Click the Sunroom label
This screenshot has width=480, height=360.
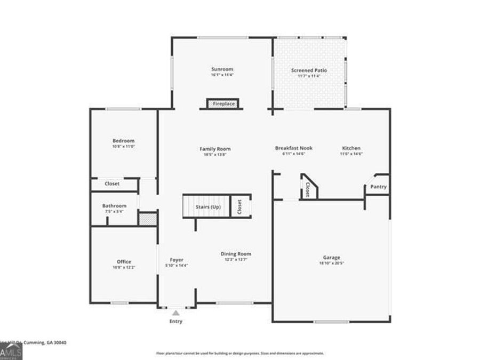click(x=222, y=69)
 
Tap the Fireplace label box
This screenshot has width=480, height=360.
click(x=223, y=103)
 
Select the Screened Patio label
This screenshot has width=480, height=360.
click(x=309, y=70)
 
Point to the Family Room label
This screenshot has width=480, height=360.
click(x=215, y=149)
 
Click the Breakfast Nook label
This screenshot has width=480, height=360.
click(x=293, y=148)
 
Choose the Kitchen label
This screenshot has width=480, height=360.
click(x=351, y=148)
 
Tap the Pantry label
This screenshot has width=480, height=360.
click(x=378, y=187)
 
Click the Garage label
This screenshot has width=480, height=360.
click(x=331, y=257)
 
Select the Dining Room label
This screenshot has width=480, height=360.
click(x=236, y=254)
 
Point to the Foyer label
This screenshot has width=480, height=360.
click(x=177, y=260)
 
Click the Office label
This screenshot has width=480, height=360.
click(x=124, y=261)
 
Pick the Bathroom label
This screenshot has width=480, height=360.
click(x=115, y=206)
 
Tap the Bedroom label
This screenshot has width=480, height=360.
click(x=123, y=140)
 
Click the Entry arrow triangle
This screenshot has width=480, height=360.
click(x=175, y=313)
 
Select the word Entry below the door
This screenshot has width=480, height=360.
click(x=175, y=322)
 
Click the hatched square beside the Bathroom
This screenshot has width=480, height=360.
click(x=147, y=219)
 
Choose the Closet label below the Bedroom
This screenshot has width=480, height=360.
click(x=112, y=183)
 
